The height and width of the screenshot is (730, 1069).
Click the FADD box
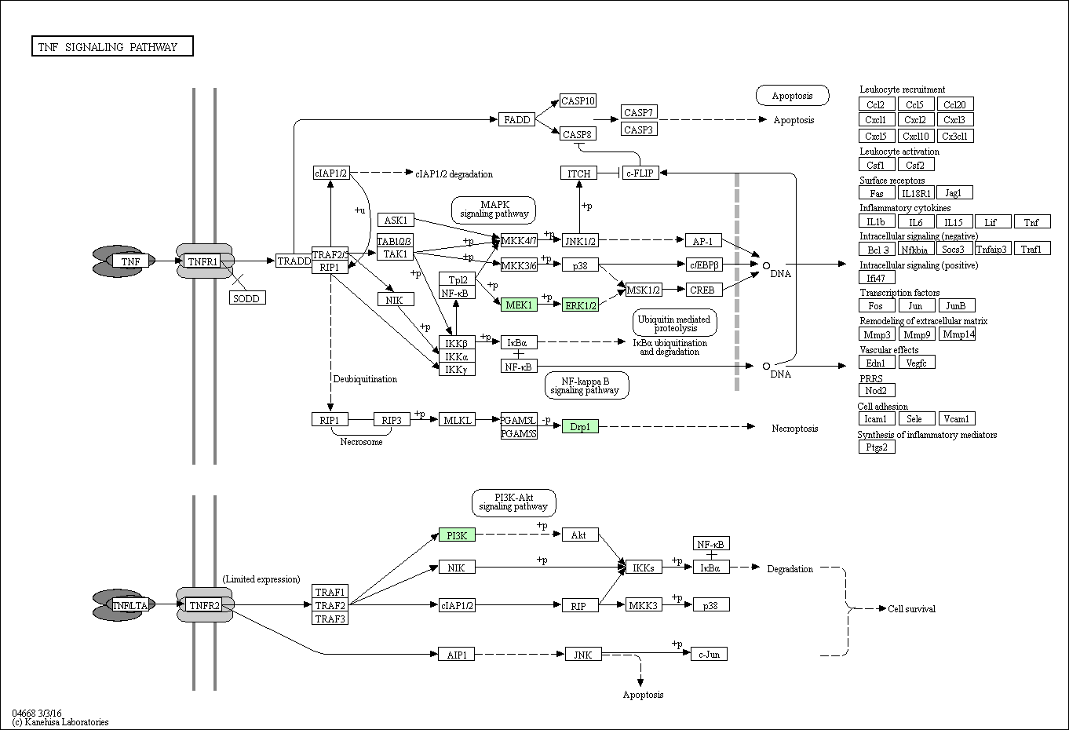tap(517, 119)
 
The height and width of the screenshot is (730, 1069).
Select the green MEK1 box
tap(519, 305)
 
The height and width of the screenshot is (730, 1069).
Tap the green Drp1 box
tap(580, 426)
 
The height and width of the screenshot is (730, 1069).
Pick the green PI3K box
tap(457, 535)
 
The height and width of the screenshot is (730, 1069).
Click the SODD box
tap(247, 298)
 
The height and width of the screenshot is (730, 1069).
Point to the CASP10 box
tap(578, 100)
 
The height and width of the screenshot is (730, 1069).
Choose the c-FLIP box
tap(640, 173)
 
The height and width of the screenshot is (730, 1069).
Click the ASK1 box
tap(396, 220)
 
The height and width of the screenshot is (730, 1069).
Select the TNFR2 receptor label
tap(204, 605)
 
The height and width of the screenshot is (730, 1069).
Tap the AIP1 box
tap(457, 655)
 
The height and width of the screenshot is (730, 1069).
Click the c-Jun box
tap(710, 654)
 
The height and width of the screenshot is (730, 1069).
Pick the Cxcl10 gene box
tap(916, 136)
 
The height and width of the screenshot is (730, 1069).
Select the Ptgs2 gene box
tap(877, 447)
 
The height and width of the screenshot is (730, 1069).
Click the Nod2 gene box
tap(877, 390)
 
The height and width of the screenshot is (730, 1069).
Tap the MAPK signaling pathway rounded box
tap(494, 210)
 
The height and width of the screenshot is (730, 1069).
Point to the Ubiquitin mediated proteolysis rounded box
tap(675, 323)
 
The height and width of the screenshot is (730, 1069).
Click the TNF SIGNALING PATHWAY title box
tap(112, 46)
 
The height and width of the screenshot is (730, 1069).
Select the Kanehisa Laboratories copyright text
tap(60, 722)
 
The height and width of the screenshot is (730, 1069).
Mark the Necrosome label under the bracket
tap(361, 442)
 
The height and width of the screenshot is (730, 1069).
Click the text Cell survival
tap(911, 609)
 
